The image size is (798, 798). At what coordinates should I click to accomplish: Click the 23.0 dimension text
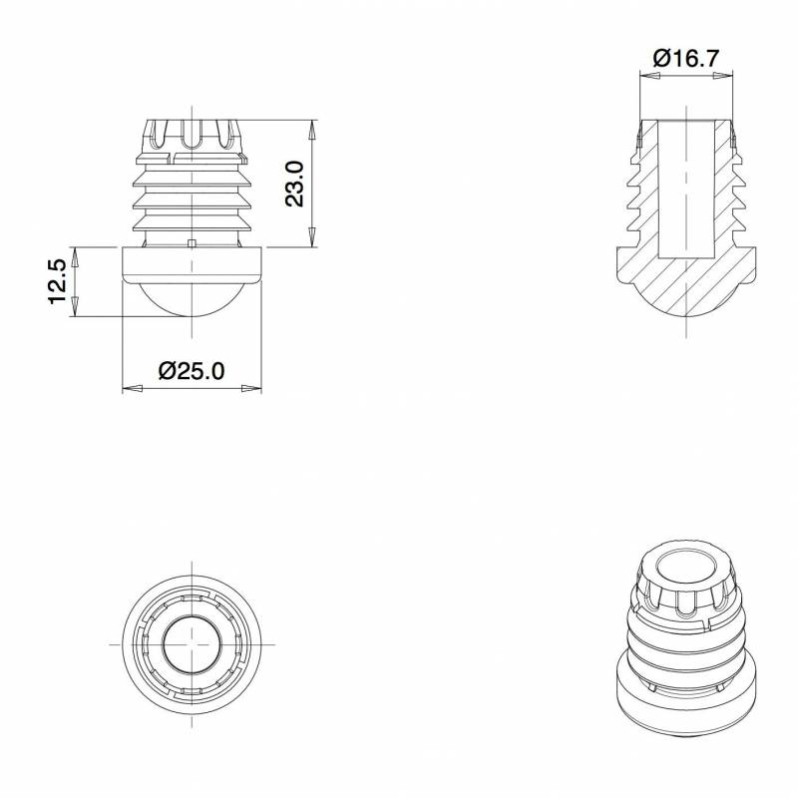(x=295, y=184)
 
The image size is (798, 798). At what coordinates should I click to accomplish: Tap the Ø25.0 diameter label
(x=192, y=370)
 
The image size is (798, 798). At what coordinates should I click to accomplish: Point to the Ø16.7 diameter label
(x=686, y=58)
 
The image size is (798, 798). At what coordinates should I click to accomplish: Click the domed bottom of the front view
(x=192, y=299)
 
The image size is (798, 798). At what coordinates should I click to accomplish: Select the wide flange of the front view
(x=192, y=264)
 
